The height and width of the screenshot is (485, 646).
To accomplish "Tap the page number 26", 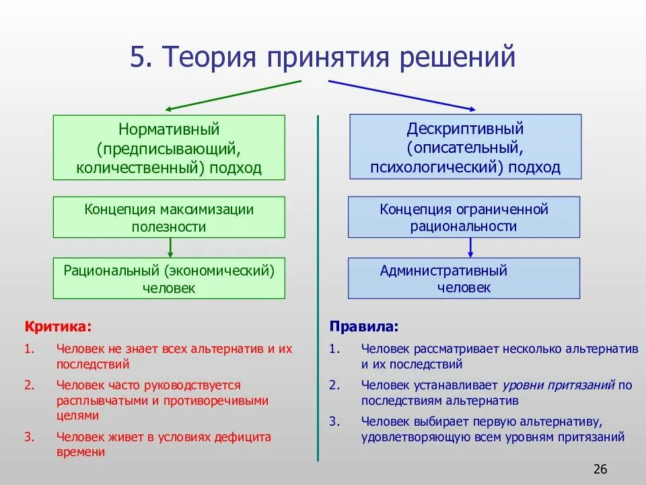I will click(x=601, y=469).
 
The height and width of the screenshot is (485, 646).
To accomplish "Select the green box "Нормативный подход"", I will click(x=169, y=148).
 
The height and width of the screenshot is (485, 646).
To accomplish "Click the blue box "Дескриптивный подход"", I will click(x=465, y=148).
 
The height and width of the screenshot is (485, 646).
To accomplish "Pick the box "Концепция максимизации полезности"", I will click(x=169, y=218).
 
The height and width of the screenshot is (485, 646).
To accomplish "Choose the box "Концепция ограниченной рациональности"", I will click(x=464, y=218).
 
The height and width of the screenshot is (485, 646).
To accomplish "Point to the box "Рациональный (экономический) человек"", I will click(x=169, y=279).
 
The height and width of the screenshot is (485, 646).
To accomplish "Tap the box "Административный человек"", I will click(x=464, y=279).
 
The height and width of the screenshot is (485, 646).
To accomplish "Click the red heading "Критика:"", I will click(x=59, y=327).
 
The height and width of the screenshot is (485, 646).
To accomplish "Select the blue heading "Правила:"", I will click(x=364, y=327).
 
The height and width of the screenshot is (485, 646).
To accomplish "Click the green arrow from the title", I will click(x=232, y=95).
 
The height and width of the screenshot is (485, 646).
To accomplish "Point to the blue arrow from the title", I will click(x=402, y=95).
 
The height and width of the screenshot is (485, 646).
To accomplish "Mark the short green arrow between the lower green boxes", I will click(x=170, y=247).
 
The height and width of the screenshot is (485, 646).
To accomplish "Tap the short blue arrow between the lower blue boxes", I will click(x=470, y=247).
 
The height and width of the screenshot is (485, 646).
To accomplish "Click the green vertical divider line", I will click(x=318, y=290).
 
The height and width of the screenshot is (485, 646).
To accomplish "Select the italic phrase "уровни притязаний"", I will click(x=558, y=386).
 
